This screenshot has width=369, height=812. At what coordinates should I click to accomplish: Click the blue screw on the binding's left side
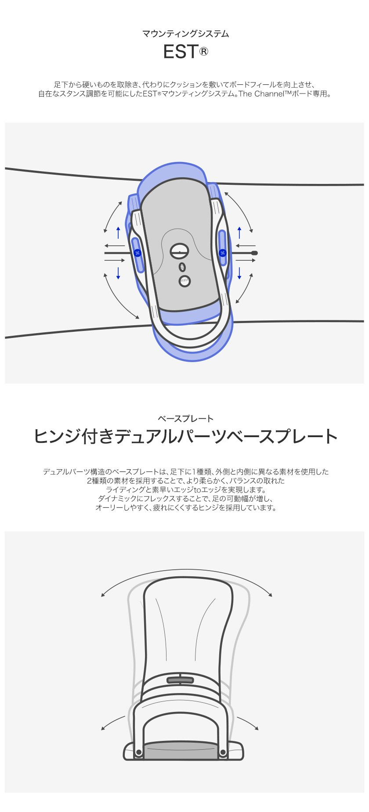(x=137, y=253)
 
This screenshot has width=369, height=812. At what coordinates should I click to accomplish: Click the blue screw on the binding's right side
(x=222, y=253)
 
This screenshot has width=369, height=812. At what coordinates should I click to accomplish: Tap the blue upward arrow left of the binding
(x=118, y=233)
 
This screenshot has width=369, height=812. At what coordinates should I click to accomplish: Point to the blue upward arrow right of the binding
(x=239, y=233)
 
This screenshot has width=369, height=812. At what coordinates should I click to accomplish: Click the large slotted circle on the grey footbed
(x=179, y=251)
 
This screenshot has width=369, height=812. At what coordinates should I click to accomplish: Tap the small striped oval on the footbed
(x=182, y=267)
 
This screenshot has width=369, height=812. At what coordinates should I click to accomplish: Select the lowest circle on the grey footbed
(x=184, y=281)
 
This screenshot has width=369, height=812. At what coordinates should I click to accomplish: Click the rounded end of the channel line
(x=254, y=253)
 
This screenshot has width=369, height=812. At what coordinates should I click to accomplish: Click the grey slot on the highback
(x=180, y=680)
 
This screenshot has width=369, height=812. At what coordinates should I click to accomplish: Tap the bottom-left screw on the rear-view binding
(x=139, y=753)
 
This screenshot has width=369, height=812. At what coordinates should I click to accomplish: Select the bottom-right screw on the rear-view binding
(x=222, y=753)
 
